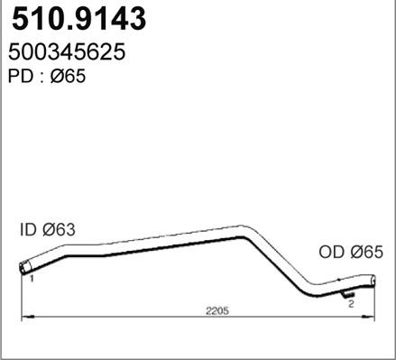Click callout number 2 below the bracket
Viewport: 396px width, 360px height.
tap(350, 305)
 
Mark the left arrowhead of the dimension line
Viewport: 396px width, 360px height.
tap(24, 317)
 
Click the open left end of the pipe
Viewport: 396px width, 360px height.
tap(23, 268)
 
